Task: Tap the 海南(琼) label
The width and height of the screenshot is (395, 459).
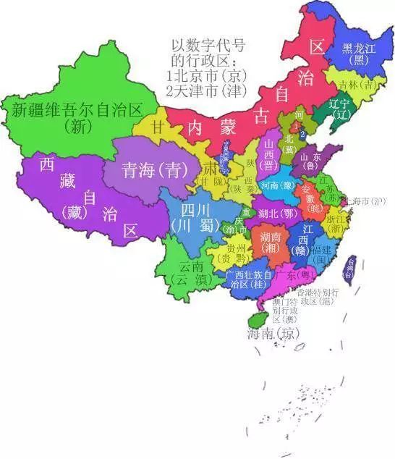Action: tap(273, 334)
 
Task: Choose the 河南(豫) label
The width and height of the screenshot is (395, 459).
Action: tap(279, 185)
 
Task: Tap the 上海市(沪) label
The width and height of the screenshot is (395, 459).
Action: tap(368, 201)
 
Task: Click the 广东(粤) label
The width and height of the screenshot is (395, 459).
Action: tap(294, 277)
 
